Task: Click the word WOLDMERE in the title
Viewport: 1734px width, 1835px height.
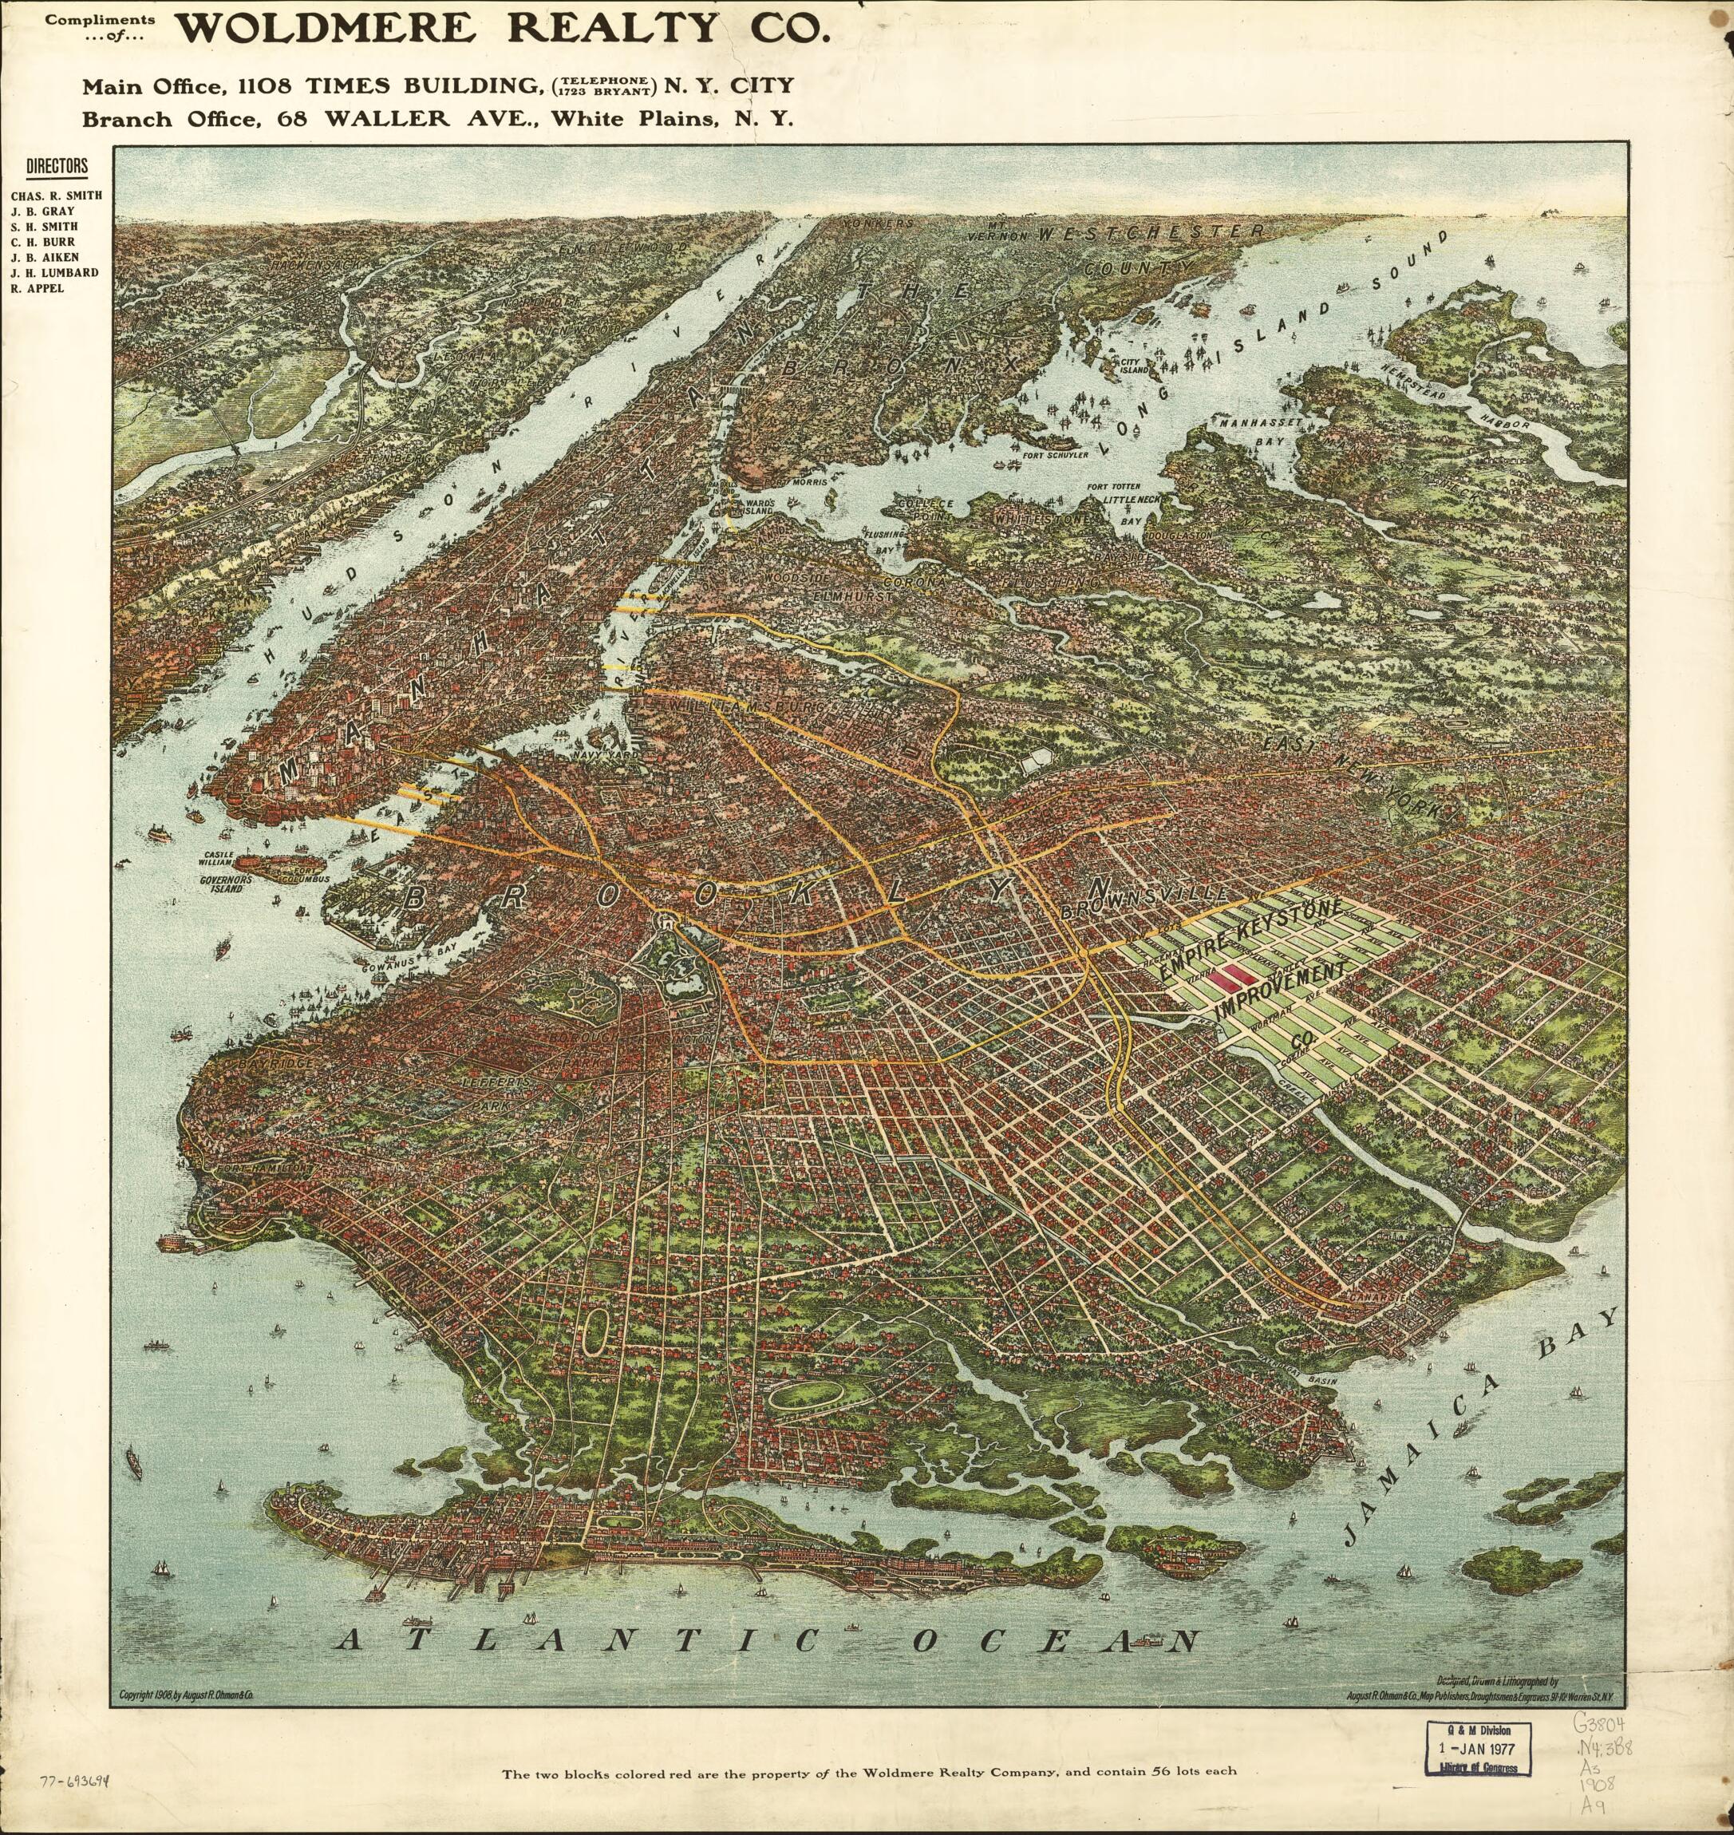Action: pyautogui.click(x=326, y=29)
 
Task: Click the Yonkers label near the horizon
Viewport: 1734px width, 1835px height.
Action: pyautogui.click(x=880, y=223)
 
